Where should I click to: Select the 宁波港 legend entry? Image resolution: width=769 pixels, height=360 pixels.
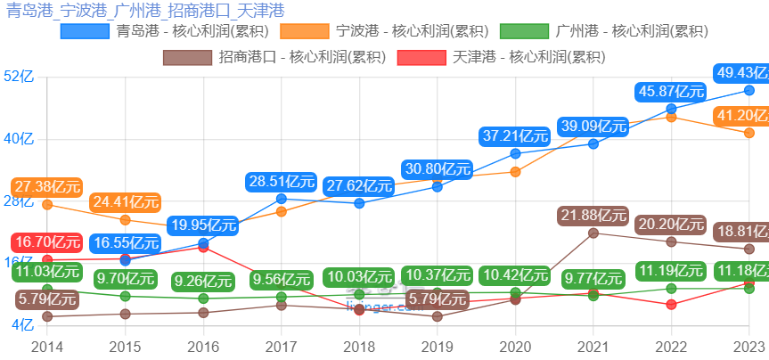pos(385,32)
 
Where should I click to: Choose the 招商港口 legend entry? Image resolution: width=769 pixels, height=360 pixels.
pos(275,58)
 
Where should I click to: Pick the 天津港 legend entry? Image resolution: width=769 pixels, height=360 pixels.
pos(503,58)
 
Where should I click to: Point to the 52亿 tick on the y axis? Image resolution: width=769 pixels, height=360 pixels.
pos(19,78)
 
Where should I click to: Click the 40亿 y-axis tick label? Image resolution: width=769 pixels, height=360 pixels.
pos(19,139)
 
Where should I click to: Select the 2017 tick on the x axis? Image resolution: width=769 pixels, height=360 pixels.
pos(282,346)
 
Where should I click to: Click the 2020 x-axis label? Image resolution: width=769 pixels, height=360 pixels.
pos(515,346)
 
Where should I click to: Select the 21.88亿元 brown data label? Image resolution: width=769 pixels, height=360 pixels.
pos(593,216)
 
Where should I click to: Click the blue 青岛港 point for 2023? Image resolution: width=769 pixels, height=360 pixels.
pos(749,90)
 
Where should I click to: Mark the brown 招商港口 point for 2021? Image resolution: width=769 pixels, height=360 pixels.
pos(593,233)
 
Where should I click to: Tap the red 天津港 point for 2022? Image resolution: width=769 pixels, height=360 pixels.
pos(671,305)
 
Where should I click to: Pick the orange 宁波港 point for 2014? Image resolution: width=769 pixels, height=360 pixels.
pos(47,205)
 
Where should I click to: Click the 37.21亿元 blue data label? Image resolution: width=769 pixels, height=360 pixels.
pos(515,136)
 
